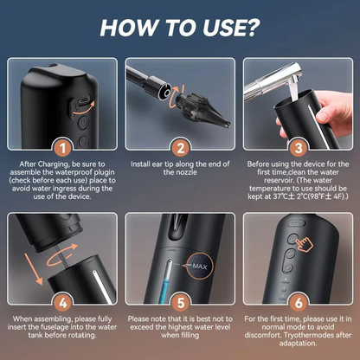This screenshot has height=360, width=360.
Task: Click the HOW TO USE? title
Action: (179, 25)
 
